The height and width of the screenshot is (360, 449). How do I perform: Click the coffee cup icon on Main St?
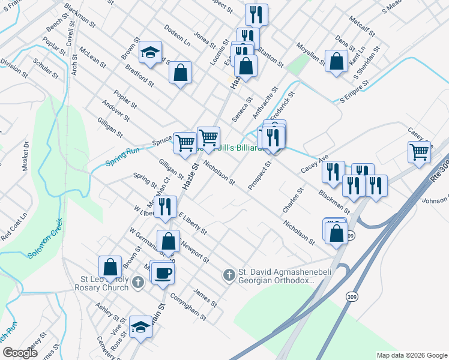click(x=163, y=273)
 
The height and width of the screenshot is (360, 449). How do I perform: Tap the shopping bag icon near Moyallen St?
click(x=336, y=61)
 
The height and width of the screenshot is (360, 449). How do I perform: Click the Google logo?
click(x=20, y=353)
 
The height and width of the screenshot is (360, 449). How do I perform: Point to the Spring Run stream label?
click(x=122, y=158)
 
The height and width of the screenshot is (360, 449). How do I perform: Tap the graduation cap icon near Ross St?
click(x=140, y=327)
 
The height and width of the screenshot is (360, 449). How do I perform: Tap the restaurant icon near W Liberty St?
click(x=165, y=207)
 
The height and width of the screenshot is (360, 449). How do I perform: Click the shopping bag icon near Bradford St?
click(x=180, y=73)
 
